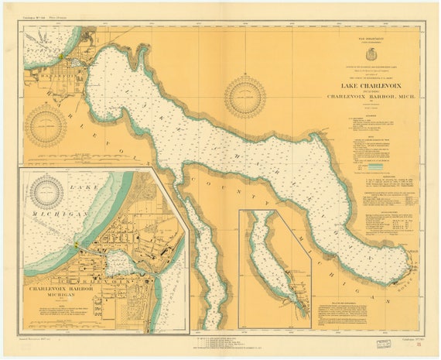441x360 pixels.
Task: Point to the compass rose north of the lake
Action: point(244,97)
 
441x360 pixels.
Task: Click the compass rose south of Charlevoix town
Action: point(46,125)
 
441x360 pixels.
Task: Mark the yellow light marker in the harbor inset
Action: point(76,246)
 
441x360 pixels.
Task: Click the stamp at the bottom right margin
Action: point(385,341)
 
